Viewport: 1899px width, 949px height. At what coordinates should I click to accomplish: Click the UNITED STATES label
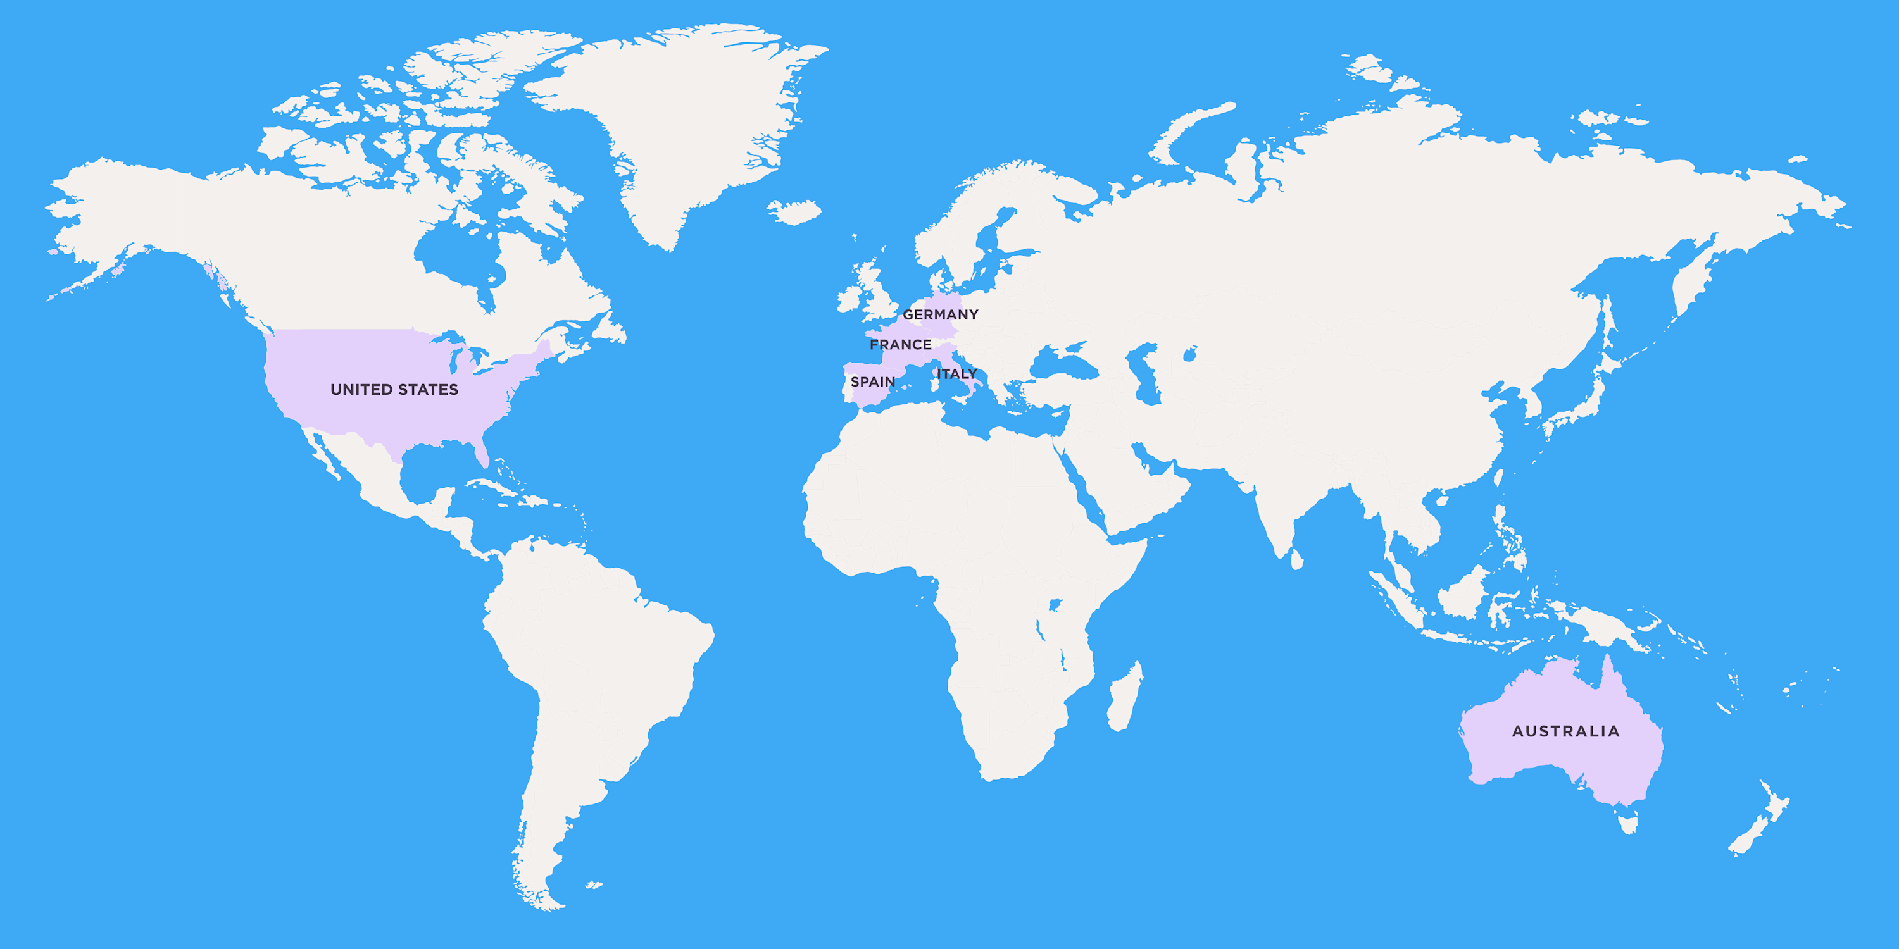tap(394, 389)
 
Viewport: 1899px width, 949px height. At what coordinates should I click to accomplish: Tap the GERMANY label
tap(941, 314)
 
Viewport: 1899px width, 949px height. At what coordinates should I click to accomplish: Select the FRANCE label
tap(900, 344)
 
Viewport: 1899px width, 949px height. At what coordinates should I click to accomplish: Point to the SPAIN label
tap(872, 381)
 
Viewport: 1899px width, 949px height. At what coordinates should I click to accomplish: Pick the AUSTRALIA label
tap(1566, 731)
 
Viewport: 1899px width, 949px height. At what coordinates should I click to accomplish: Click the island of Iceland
tap(794, 211)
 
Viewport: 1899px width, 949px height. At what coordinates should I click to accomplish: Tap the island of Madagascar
tap(1125, 697)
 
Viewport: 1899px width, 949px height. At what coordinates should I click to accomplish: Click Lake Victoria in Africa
tap(1054, 605)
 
